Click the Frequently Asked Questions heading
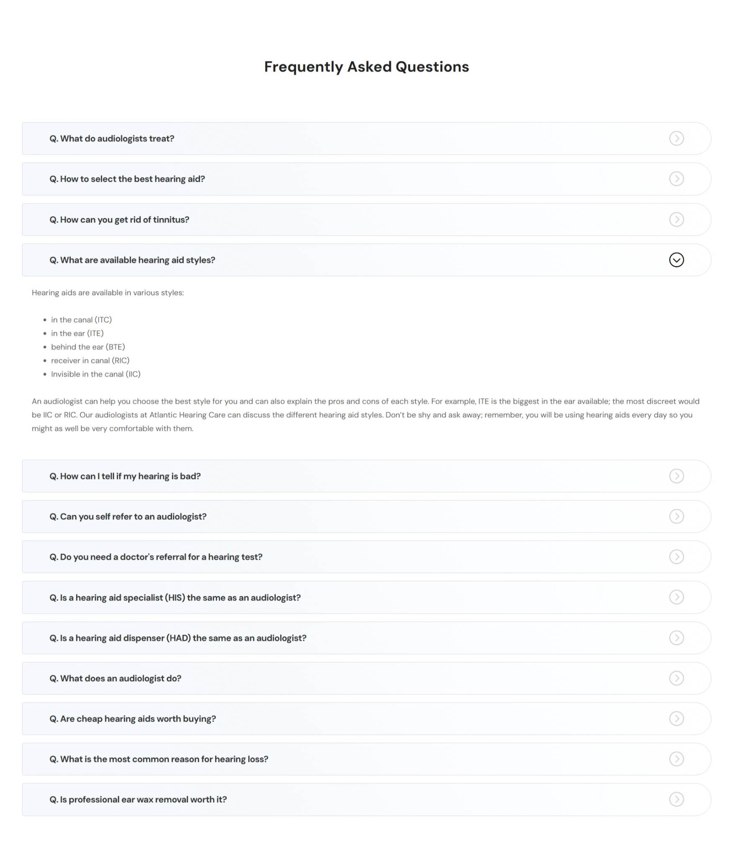click(366, 67)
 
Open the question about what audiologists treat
click(112, 139)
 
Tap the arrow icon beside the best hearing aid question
click(676, 179)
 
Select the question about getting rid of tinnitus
click(119, 220)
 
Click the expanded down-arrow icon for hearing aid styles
click(676, 260)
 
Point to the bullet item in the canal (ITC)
click(81, 320)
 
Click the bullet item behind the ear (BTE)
click(88, 347)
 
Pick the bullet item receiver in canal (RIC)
click(90, 360)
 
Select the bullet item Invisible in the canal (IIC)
click(95, 374)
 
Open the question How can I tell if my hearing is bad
click(125, 476)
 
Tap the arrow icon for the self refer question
click(676, 516)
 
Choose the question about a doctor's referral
click(156, 557)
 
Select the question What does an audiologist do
click(115, 678)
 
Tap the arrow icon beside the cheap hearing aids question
click(676, 719)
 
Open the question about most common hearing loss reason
click(159, 759)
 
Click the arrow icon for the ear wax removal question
click(676, 800)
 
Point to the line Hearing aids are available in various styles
click(108, 293)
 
